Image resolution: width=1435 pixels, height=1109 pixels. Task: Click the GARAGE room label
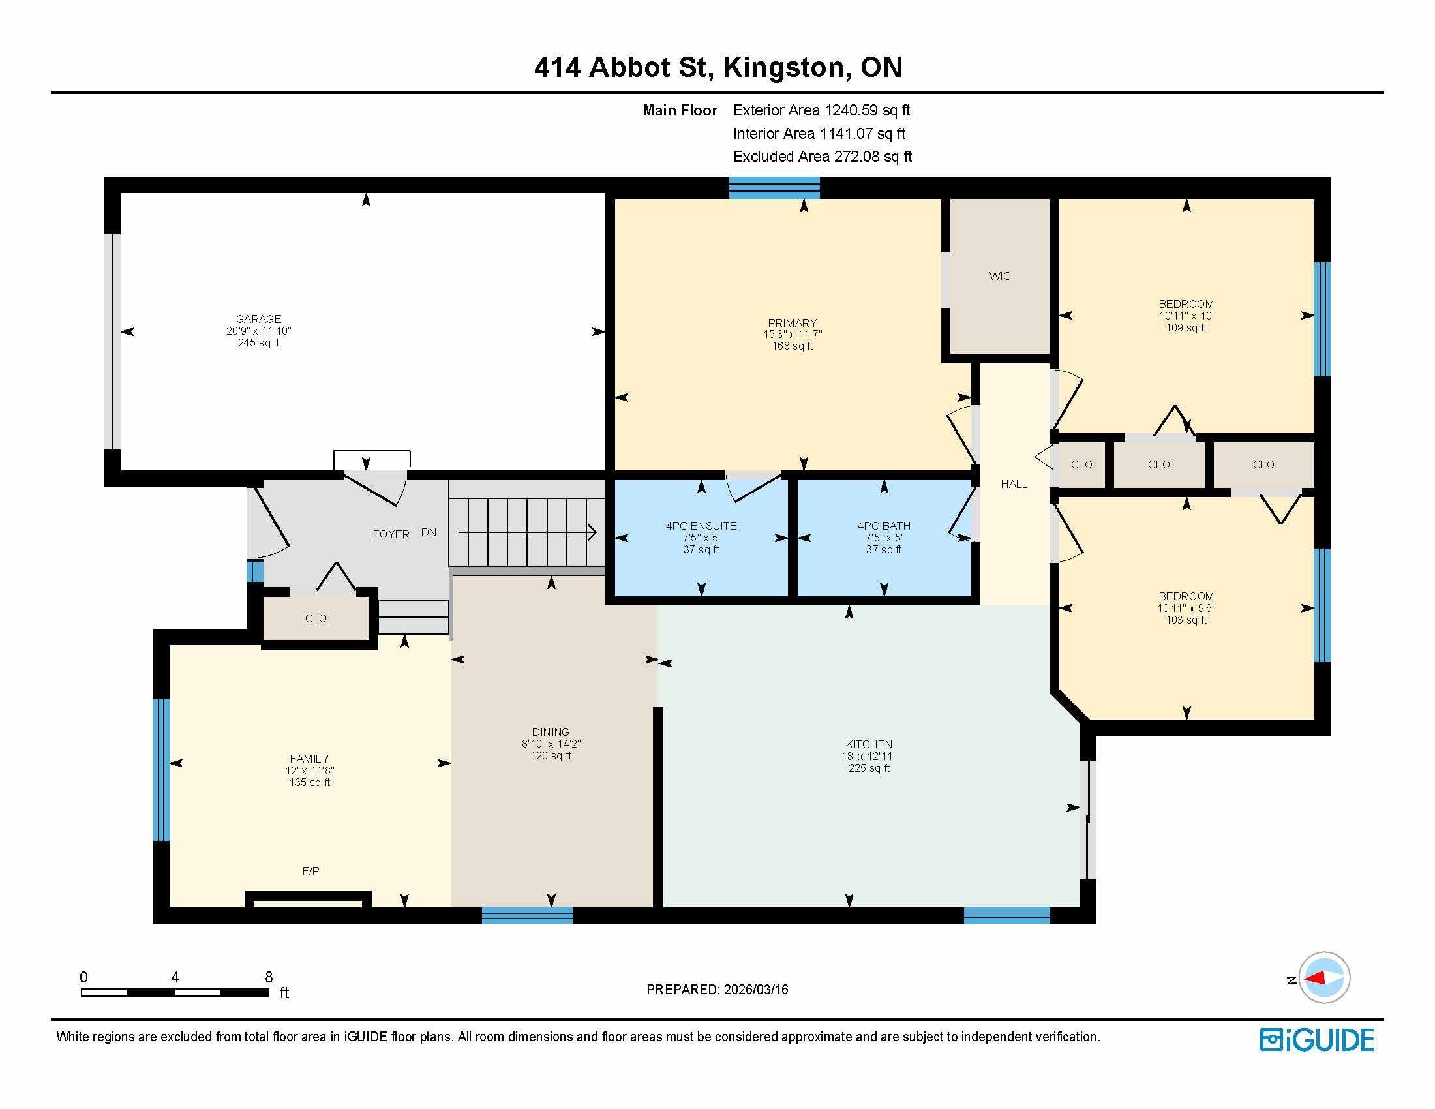(258, 318)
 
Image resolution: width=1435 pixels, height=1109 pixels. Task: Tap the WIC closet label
(999, 276)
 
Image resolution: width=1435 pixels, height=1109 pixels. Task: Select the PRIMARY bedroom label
(793, 322)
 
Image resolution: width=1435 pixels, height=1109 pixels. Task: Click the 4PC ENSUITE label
(701, 526)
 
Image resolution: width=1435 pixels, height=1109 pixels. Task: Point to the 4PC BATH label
(884, 526)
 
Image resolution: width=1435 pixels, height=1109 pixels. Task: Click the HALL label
(1014, 484)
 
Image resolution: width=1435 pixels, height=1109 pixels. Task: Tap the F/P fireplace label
(310, 871)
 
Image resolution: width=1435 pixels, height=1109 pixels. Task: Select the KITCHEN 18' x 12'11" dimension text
(869, 756)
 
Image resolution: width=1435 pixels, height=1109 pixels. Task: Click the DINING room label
(551, 732)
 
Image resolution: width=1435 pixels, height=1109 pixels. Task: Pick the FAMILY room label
(309, 759)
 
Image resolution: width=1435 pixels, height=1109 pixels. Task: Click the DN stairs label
(429, 533)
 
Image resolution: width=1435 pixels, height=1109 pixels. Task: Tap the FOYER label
(391, 535)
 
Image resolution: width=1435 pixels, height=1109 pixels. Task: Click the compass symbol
(1324, 979)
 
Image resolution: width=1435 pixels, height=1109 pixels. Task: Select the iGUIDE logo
(1317, 1040)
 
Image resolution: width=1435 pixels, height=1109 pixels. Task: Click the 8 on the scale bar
(269, 977)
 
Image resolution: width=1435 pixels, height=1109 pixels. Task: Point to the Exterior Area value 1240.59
(851, 110)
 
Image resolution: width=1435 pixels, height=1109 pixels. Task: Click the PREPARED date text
(717, 990)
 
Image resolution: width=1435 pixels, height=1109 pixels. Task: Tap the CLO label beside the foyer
(316, 619)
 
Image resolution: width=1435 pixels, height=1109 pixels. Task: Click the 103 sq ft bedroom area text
(1186, 620)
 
